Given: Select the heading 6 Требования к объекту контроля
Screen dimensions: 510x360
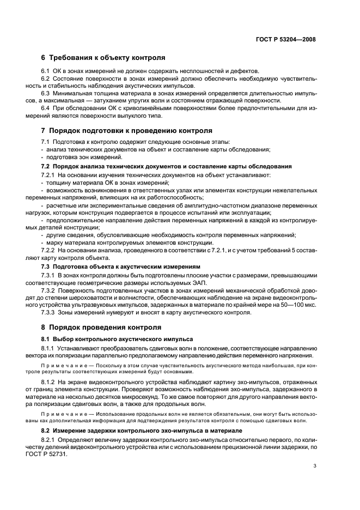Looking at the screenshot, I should tap(103, 58).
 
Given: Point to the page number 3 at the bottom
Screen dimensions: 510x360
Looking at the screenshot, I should tap(315, 466).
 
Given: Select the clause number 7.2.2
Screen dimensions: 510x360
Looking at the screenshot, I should tap(48, 250).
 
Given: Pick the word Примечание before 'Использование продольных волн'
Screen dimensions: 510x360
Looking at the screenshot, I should tap(65, 413).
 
